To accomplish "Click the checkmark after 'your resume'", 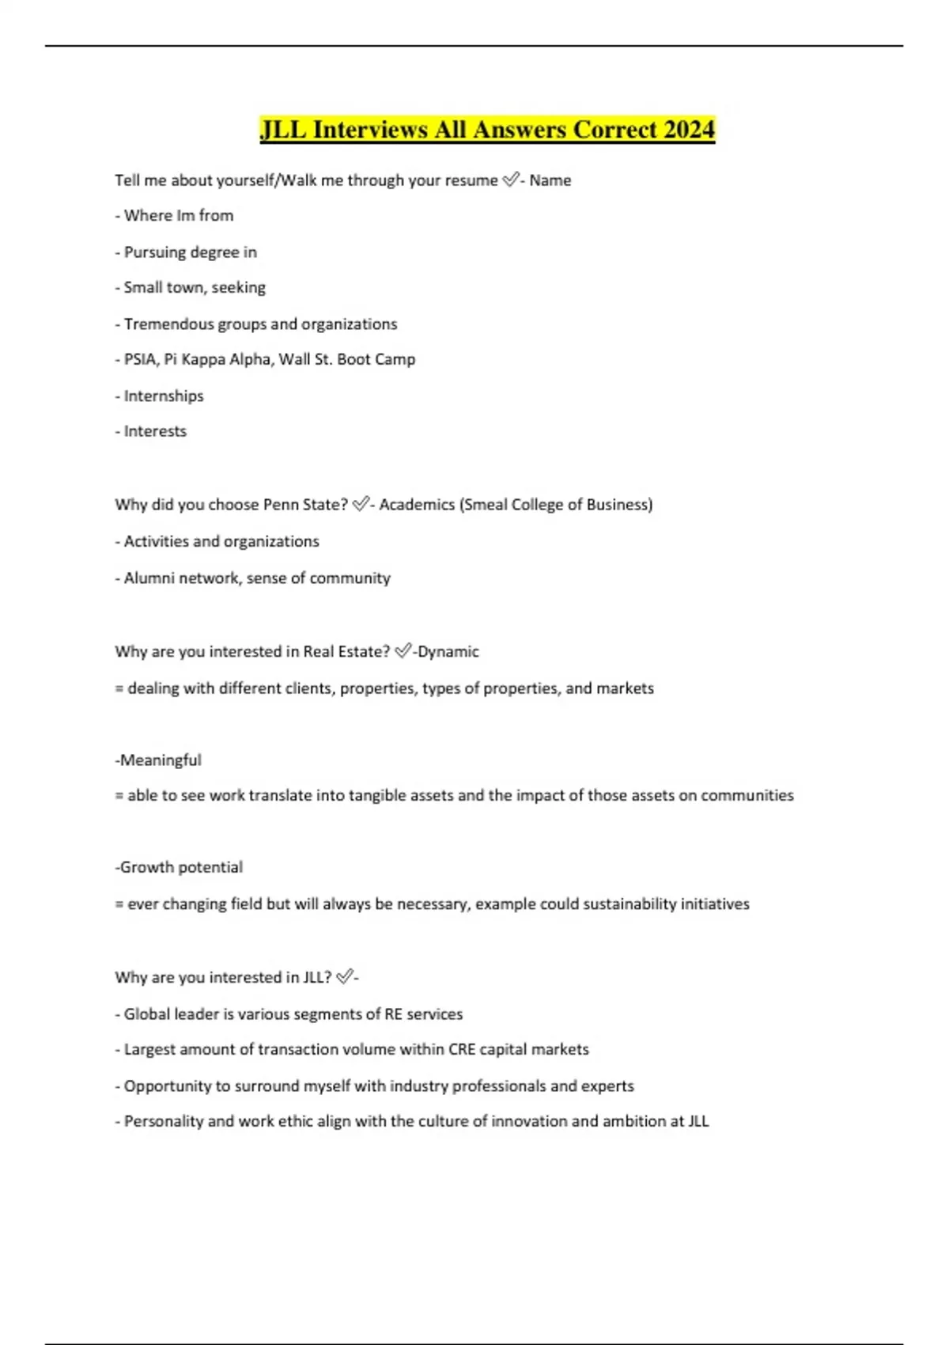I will pos(510,180).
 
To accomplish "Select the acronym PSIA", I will pos(140,359).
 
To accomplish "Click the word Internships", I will pos(164,396).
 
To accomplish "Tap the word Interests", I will pos(155,431).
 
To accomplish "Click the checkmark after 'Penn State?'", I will pos(360,504).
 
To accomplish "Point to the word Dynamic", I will pos(448,651).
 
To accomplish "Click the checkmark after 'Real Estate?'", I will pos(403,651).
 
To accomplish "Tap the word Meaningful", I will pos(161,760).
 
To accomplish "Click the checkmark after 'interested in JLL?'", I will pos(344,977).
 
